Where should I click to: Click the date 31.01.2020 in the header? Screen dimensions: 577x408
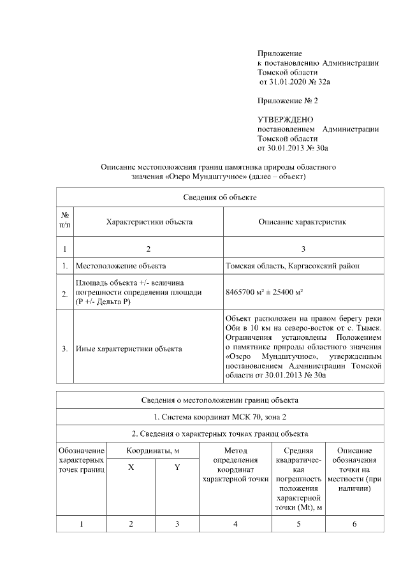click(x=285, y=82)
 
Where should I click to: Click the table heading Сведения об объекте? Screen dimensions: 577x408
click(x=220, y=198)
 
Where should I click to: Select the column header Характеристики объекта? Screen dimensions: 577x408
click(x=149, y=222)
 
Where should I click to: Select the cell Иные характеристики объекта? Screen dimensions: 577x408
click(x=129, y=348)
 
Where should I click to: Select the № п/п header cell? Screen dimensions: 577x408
click(x=65, y=221)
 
